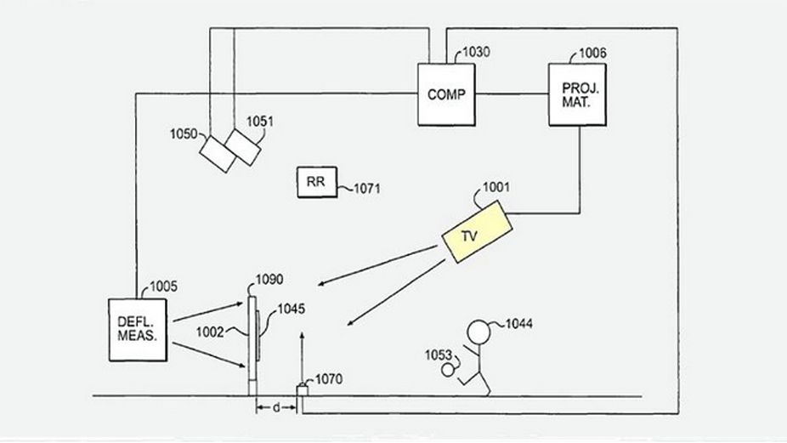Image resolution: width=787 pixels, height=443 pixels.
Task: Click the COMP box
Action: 446,94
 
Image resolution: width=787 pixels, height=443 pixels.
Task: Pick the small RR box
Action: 316,182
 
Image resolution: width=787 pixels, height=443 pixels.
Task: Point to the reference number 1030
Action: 476,53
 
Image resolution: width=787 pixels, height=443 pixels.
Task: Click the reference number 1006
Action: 592,53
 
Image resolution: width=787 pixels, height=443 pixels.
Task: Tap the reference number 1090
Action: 270,279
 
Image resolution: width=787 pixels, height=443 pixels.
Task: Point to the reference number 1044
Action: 519,323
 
